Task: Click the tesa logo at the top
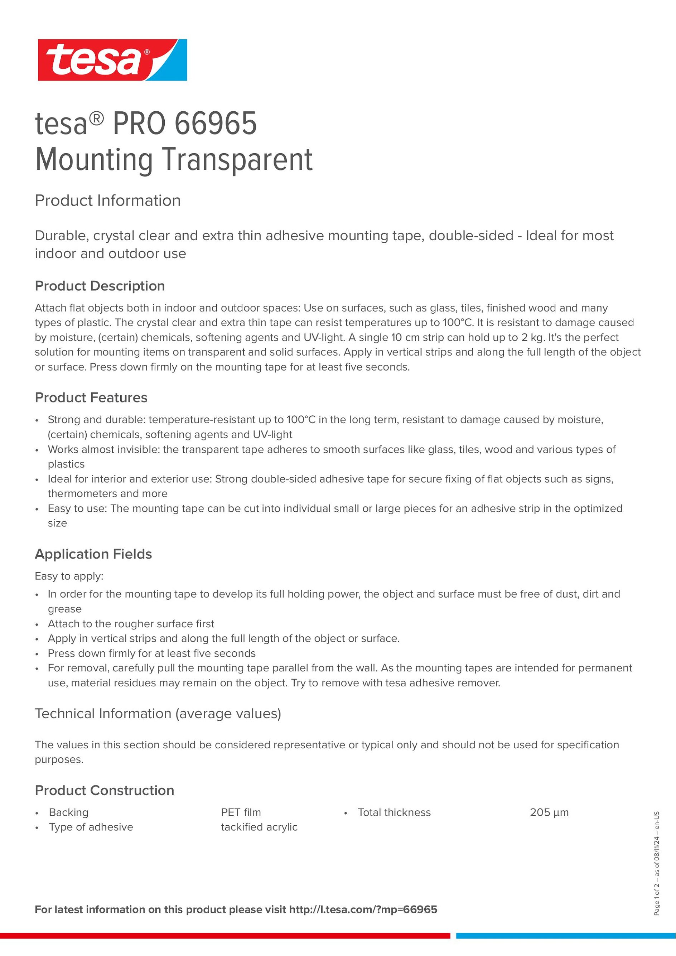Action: point(112,60)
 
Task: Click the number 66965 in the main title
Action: point(215,123)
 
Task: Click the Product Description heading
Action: point(100,286)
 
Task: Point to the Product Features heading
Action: point(91,398)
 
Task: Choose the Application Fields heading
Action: point(93,554)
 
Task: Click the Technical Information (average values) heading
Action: point(158,714)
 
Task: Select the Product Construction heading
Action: point(105,790)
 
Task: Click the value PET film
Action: point(241,812)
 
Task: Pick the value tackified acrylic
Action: point(259,827)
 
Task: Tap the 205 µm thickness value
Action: point(549,812)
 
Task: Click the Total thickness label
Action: point(394,812)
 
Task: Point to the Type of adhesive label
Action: point(91,827)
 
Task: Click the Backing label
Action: point(69,812)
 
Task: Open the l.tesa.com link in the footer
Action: point(363,909)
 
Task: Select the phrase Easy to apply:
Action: point(69,576)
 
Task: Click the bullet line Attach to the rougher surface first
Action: point(131,624)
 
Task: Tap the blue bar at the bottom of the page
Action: point(566,936)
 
